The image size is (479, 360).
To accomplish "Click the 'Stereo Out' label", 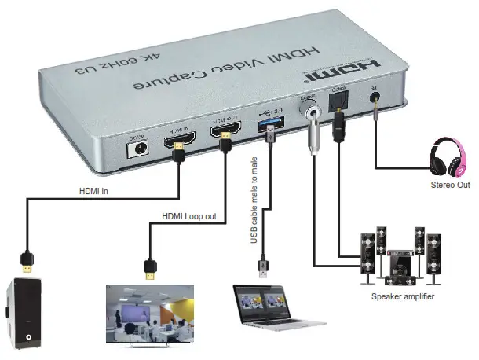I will (x=450, y=186).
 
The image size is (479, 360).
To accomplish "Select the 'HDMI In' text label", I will (x=95, y=190).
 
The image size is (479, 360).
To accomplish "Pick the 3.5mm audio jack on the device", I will (x=375, y=101).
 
